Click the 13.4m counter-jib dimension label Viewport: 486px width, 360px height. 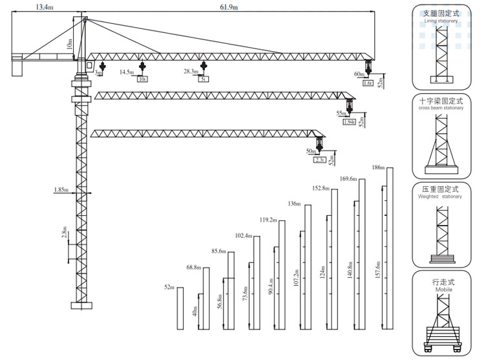pos(45,6)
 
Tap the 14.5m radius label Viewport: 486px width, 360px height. pos(127,72)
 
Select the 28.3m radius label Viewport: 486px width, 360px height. pos(191,72)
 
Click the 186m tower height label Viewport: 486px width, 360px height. pos(377,167)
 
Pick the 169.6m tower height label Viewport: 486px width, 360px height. pos(348,178)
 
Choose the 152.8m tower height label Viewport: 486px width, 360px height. pos(321,188)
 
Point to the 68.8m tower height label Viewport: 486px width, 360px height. pos(193,267)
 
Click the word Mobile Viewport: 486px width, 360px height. pos(444,290)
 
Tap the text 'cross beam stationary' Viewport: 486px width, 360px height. pos(441,108)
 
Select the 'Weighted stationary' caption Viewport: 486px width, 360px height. pos(441,196)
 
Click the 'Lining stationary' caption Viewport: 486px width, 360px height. pos(441,21)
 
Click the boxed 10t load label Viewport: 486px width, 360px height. pos(142,79)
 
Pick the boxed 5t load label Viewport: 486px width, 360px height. pos(203,79)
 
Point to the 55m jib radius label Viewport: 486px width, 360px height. pos(342,113)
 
